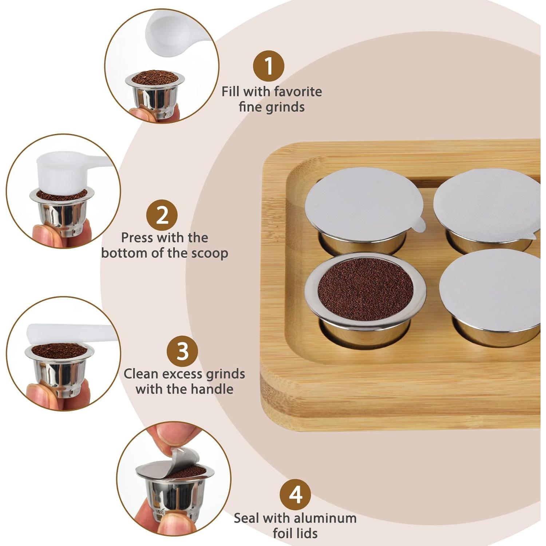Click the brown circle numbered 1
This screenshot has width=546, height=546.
[269, 66]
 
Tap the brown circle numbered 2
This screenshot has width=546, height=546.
[162, 215]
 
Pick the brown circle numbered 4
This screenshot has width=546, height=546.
[295, 494]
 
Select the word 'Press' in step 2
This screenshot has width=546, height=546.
[137, 238]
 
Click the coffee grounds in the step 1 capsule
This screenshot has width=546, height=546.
[155, 78]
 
